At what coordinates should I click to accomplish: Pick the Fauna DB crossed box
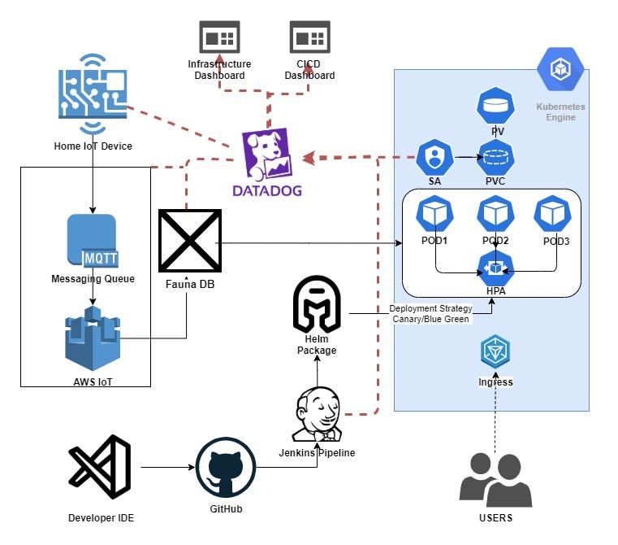click(x=188, y=240)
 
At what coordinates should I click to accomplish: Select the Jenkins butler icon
click(x=317, y=413)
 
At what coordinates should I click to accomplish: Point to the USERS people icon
click(x=495, y=479)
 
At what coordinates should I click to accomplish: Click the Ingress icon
click(x=495, y=352)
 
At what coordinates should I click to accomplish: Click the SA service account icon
click(x=435, y=156)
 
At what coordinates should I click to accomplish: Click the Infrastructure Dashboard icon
click(x=219, y=37)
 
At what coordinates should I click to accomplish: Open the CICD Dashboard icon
click(x=309, y=37)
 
